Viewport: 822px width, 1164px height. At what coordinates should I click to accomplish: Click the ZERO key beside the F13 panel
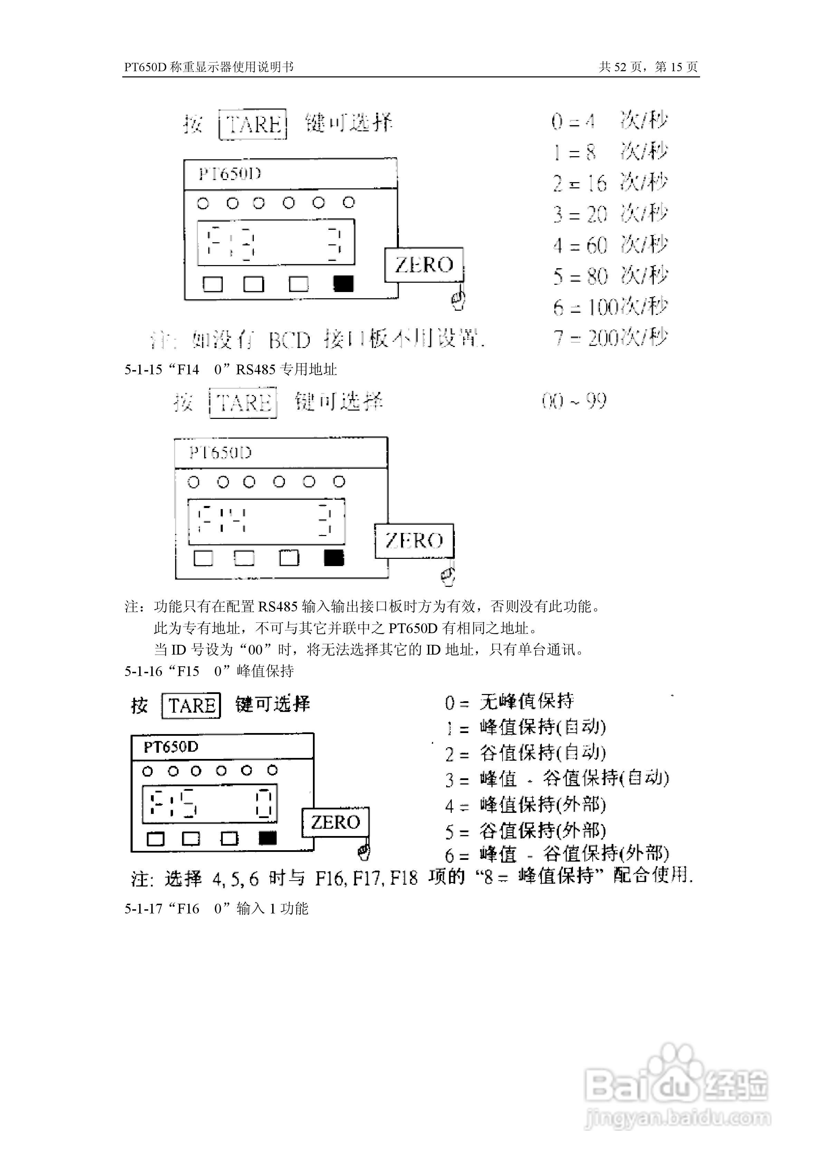pos(424,265)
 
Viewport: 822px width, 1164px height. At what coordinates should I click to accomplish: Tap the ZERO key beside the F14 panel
pos(414,541)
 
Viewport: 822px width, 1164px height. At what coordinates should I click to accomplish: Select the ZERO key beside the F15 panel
pos(335,822)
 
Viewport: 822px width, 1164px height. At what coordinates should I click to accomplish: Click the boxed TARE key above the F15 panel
pos(191,705)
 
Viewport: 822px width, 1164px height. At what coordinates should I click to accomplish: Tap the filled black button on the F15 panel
pos(268,838)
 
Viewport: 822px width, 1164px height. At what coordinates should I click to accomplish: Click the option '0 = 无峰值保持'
pos(509,702)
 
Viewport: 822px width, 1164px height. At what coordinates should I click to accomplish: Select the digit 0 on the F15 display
pos(264,805)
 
